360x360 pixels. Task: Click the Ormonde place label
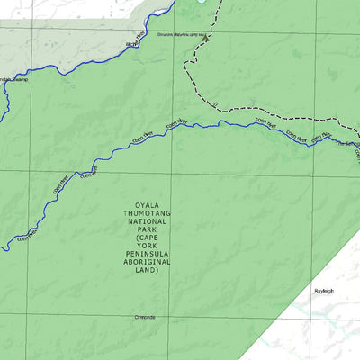coord(144,317)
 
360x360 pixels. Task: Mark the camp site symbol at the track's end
coord(205,40)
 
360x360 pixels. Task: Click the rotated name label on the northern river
coord(133,42)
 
